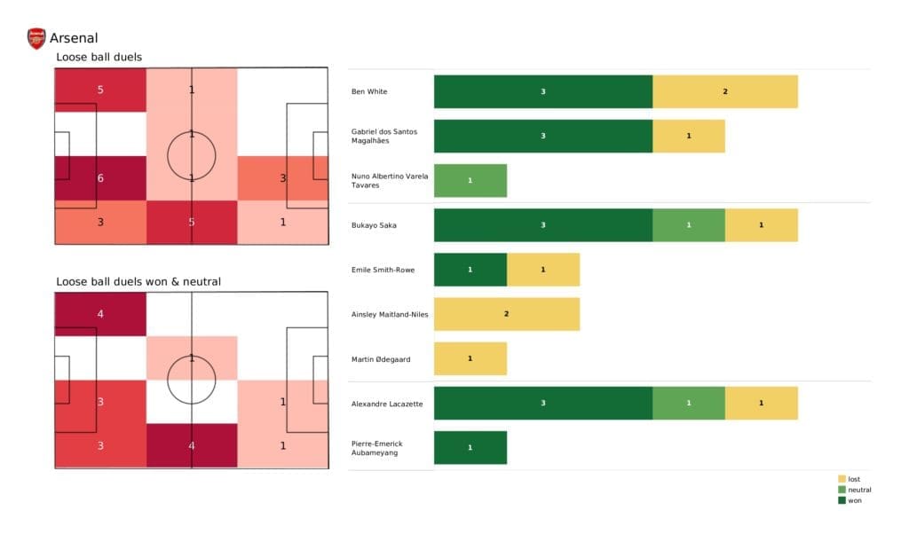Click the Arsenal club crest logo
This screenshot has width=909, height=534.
[36, 38]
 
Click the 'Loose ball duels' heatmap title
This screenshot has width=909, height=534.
[99, 58]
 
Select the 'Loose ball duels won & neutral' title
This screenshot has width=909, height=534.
[138, 281]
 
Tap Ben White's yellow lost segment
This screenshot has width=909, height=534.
[724, 91]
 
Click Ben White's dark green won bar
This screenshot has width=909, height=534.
[542, 91]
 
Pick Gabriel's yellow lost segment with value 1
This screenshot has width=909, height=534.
[688, 136]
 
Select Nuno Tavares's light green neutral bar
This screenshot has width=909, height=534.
[470, 181]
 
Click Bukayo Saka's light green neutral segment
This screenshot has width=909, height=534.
[688, 225]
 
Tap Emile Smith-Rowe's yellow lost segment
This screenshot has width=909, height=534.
[542, 270]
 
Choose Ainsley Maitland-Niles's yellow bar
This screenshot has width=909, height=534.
[506, 314]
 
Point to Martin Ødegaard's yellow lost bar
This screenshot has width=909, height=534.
[470, 358]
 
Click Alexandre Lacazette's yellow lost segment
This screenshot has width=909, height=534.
[761, 404]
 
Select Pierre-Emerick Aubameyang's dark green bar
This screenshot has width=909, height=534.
[470, 448]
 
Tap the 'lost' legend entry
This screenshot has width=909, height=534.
[853, 479]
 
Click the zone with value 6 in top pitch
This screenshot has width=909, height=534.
[100, 178]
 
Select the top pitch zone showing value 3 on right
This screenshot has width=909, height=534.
[282, 178]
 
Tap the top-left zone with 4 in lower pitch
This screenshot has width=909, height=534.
[100, 313]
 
